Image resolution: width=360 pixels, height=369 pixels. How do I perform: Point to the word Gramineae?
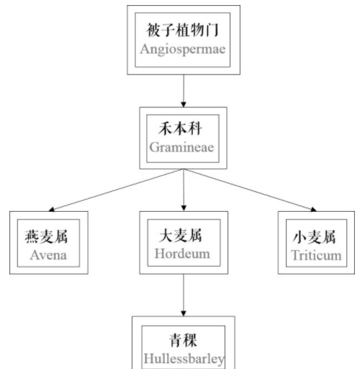click(184, 148)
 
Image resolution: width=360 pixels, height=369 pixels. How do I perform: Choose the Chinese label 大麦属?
click(184, 236)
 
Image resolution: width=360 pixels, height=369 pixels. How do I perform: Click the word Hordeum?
click(184, 256)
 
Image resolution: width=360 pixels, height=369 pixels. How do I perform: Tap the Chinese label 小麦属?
click(313, 237)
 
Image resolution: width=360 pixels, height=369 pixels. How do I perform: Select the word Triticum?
click(313, 256)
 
